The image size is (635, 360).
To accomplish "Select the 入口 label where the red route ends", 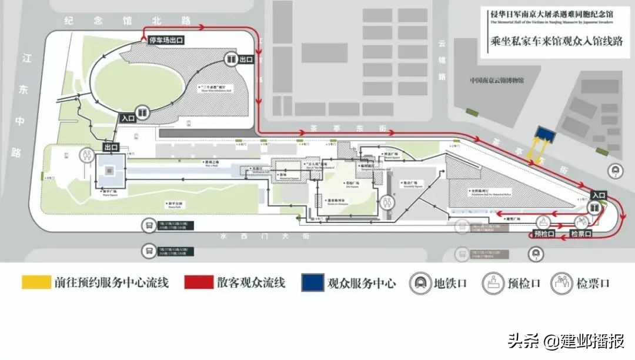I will click(599, 195).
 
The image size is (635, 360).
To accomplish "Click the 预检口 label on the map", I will click(545, 234).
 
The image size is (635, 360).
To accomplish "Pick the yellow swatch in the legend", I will click(36, 282).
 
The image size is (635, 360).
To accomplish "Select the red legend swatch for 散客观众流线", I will click(198, 282).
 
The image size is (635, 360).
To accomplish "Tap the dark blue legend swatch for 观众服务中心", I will click(312, 282).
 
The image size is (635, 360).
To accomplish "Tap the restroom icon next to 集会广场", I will click(386, 202).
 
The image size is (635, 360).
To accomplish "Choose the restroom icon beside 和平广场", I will click(88, 155).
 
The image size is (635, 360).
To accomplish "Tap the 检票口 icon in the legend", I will click(562, 283).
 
